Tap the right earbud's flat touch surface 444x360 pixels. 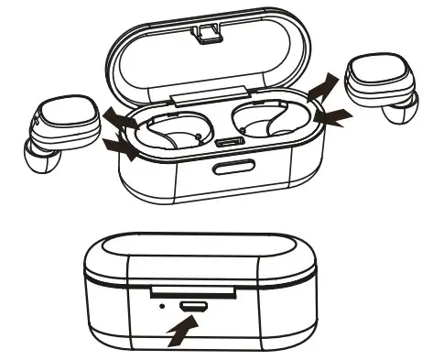coord(376,79)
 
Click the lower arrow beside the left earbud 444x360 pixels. coord(123,147)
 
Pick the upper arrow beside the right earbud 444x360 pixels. coord(321,89)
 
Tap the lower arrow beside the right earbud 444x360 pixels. coord(332,118)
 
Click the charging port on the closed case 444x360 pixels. coord(193,305)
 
